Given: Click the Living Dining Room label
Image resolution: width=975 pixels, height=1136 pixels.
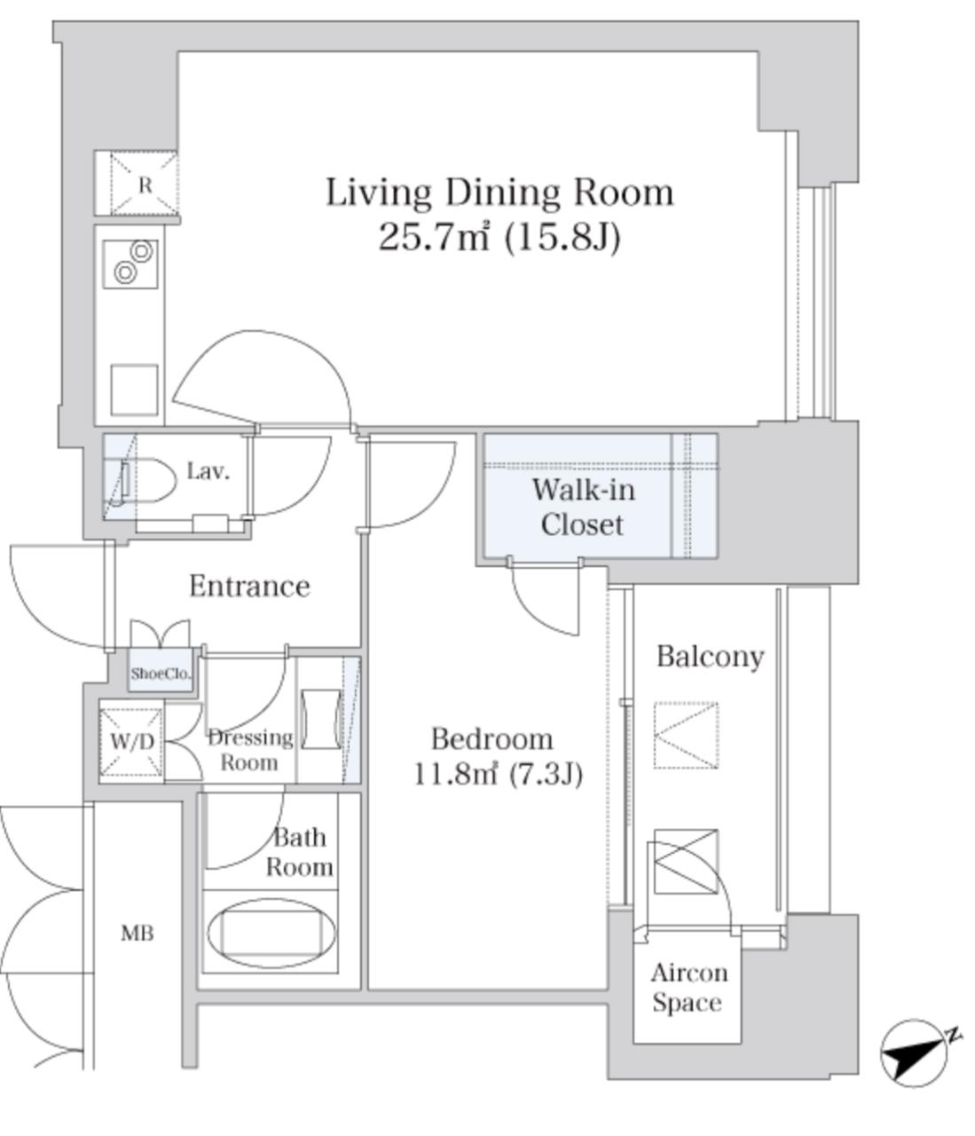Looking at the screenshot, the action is click(499, 193).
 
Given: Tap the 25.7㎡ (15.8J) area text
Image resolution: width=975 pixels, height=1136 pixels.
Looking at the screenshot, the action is click(499, 238).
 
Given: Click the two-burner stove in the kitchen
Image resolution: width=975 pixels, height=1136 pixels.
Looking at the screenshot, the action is click(130, 264).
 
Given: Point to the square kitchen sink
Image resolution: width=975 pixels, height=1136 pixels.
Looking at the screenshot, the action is click(134, 390).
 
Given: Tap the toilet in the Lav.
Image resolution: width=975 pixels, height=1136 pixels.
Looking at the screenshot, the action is click(144, 480).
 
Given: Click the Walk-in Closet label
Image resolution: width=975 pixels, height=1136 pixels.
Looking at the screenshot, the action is click(584, 507).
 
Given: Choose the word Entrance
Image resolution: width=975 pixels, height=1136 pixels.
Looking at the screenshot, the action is click(249, 586).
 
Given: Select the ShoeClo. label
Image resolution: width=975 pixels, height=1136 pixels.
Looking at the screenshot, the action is click(161, 673).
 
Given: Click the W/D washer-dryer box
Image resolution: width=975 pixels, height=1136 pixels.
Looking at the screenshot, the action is click(132, 741).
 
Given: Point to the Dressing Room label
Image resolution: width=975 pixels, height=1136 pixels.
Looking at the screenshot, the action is click(250, 750).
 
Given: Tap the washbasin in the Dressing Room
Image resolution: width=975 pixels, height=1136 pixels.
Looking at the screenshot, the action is click(321, 719).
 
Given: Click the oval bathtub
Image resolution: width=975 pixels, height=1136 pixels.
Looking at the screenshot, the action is click(271, 933).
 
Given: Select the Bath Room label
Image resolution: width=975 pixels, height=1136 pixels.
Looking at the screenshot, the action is click(300, 852).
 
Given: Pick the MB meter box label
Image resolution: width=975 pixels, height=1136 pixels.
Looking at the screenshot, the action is click(138, 933).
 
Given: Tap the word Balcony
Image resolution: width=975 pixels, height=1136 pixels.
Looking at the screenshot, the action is click(711, 657).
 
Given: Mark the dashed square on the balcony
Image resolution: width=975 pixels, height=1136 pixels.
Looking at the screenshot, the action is click(686, 735).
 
